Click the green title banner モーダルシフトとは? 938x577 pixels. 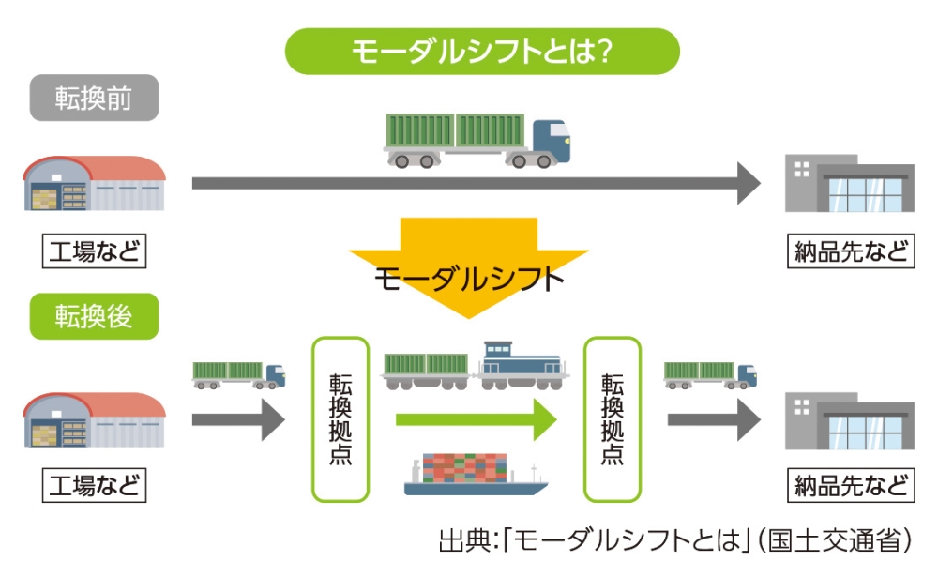(481, 51)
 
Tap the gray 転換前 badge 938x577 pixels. (94, 98)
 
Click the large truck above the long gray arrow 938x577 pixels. (476, 140)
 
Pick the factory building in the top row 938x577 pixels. (94, 183)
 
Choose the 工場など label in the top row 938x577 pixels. (94, 251)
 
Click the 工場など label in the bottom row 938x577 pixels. (94, 486)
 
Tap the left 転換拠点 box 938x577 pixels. (340, 419)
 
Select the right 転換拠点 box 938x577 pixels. (613, 419)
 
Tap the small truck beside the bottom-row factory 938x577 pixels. (238, 374)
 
